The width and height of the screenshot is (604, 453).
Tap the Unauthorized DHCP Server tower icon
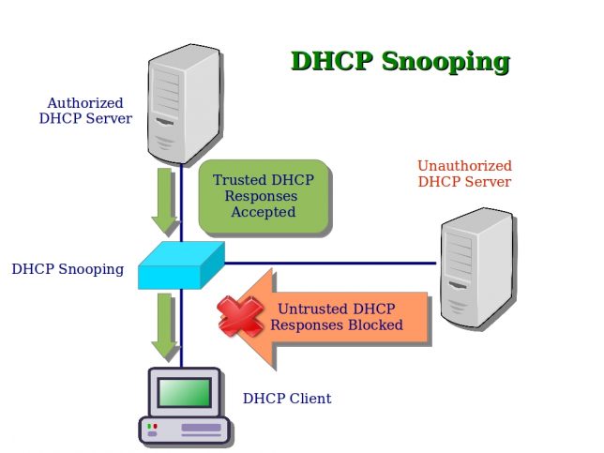[477, 267]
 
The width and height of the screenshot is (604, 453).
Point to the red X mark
[240, 316]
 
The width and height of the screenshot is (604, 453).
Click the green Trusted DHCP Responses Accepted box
[265, 196]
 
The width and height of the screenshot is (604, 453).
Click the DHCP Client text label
[287, 399]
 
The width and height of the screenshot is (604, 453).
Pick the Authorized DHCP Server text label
[85, 111]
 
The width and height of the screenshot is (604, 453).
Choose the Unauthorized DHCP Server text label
[464, 174]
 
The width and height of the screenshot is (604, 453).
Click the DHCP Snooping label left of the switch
[68, 269]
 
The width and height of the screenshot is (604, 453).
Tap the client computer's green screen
[184, 392]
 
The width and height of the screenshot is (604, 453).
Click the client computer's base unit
[185, 429]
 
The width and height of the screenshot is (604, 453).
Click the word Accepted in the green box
[264, 212]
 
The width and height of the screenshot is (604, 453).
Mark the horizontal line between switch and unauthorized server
[328, 263]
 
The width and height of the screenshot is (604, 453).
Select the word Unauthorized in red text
[464, 166]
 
